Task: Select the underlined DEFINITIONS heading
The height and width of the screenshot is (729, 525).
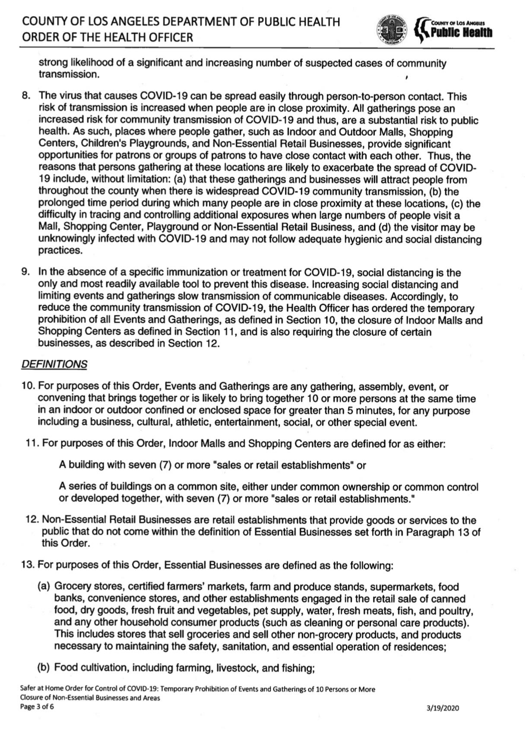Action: (54, 364)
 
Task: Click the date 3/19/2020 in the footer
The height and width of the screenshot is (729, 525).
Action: (443, 708)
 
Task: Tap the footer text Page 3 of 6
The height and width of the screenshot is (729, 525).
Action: (37, 707)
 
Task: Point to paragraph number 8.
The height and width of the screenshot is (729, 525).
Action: (26, 96)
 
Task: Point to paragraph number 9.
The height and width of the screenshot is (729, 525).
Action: (26, 272)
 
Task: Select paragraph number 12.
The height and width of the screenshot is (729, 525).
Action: (32, 520)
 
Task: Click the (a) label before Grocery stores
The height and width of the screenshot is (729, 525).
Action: (44, 586)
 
